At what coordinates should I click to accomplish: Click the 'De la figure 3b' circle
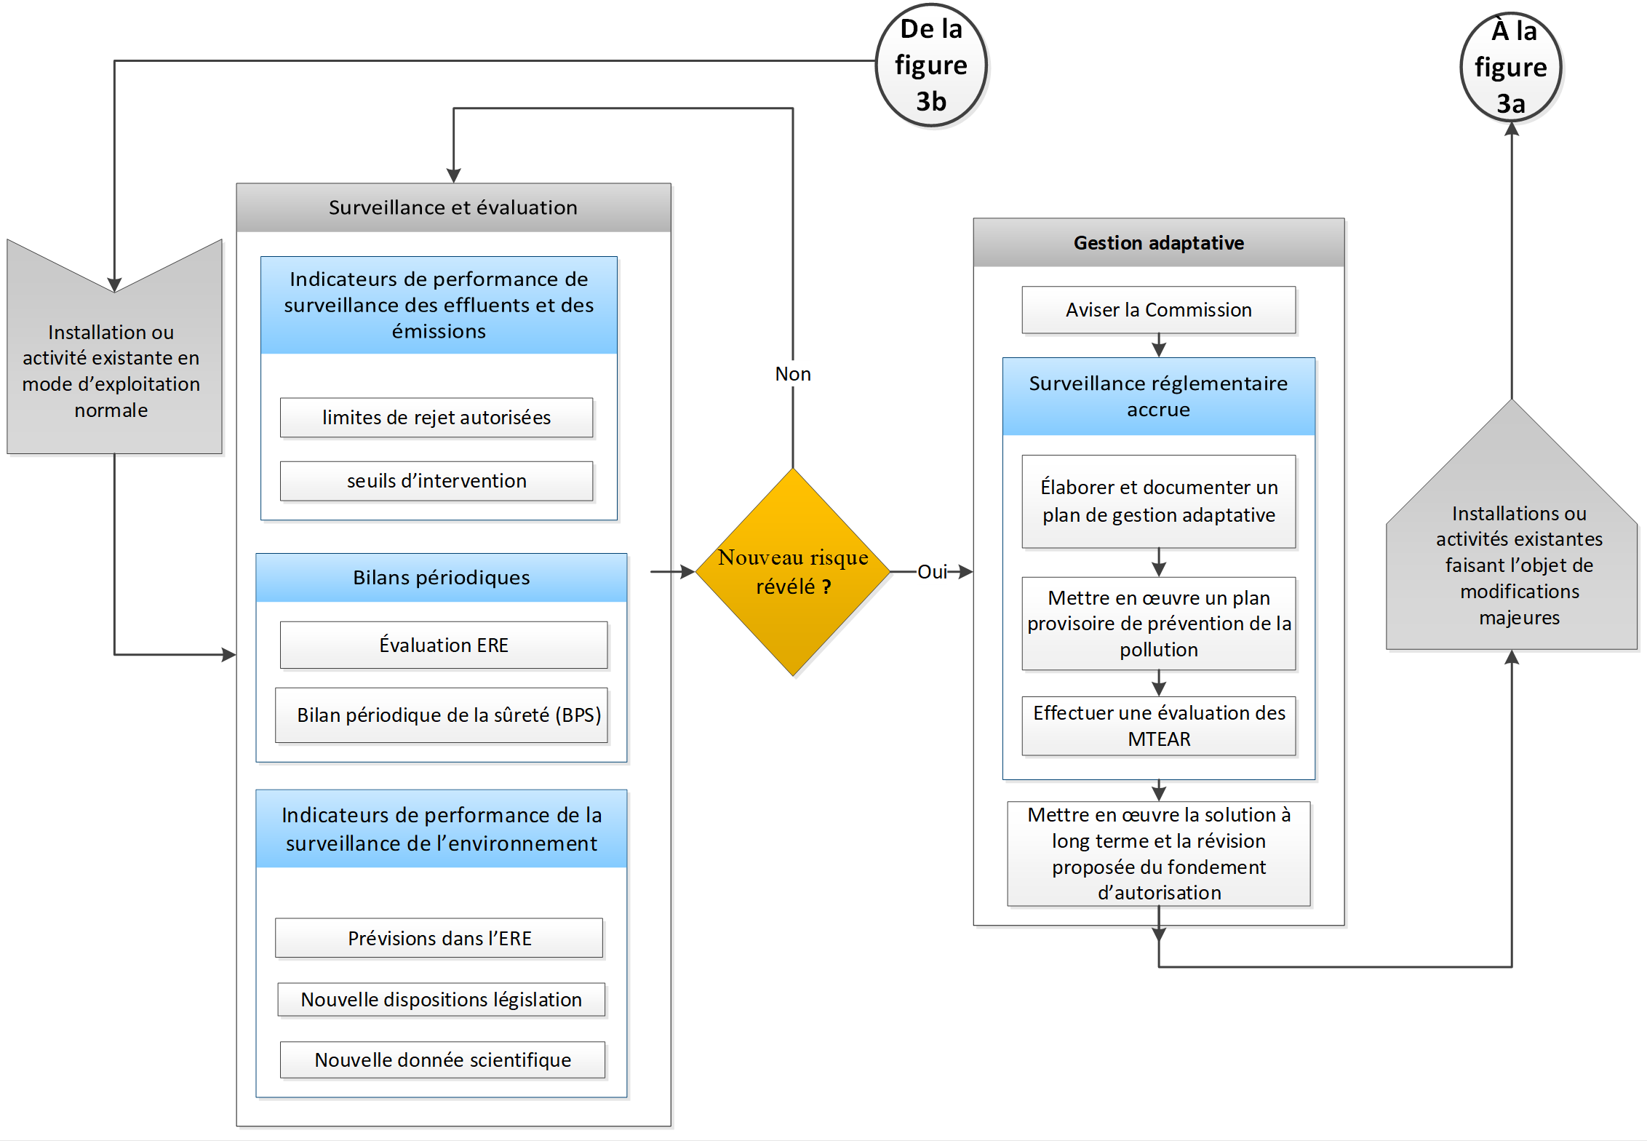pyautogui.click(x=931, y=65)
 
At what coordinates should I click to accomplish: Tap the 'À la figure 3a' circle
pyautogui.click(x=1511, y=67)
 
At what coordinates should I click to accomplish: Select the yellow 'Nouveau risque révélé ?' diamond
pyautogui.click(x=793, y=572)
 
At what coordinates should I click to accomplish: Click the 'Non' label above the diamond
pyautogui.click(x=793, y=374)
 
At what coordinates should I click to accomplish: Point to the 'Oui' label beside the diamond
pyautogui.click(x=932, y=572)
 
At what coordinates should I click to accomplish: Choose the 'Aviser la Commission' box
pyautogui.click(x=1159, y=310)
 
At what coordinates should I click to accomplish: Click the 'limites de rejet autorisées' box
pyautogui.click(x=436, y=418)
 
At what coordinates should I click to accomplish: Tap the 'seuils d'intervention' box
pyautogui.click(x=436, y=481)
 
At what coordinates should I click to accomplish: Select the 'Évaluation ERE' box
pyautogui.click(x=444, y=645)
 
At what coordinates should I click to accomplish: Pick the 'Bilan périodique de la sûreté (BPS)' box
pyautogui.click(x=442, y=715)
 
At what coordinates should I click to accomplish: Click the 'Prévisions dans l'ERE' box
pyautogui.click(x=439, y=938)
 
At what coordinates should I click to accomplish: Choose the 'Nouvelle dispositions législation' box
pyautogui.click(x=442, y=1000)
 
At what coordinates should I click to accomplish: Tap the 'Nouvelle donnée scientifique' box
pyautogui.click(x=443, y=1060)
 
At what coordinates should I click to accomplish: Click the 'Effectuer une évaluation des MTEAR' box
pyautogui.click(x=1159, y=726)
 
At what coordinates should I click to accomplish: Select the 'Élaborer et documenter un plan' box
pyautogui.click(x=1159, y=501)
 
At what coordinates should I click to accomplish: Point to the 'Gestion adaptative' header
pyautogui.click(x=1159, y=242)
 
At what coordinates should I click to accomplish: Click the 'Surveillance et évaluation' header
pyautogui.click(x=453, y=207)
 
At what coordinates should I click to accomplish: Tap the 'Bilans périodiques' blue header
pyautogui.click(x=442, y=578)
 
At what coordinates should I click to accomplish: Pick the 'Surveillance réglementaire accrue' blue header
pyautogui.click(x=1159, y=397)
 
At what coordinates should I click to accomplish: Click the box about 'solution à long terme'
pyautogui.click(x=1159, y=854)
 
